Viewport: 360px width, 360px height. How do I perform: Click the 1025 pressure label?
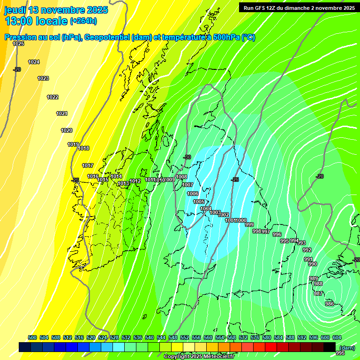[18, 44]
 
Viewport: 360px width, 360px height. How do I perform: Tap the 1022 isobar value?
[52, 97]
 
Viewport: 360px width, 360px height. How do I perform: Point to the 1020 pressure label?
[67, 130]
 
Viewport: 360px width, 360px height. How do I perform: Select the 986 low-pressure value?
[329, 304]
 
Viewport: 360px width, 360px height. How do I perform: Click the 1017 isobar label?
[88, 165]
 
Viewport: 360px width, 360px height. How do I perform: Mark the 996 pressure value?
[277, 234]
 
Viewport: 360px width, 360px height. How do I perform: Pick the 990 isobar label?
[313, 264]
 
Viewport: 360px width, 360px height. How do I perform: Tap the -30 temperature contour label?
[187, 157]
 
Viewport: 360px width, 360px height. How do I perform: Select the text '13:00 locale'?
[36, 21]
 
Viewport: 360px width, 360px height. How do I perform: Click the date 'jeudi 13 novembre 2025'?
[56, 10]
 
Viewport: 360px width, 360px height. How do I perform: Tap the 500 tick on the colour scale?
[32, 337]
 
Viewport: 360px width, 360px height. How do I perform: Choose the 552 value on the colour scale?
[185, 337]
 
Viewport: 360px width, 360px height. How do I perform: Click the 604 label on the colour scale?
[337, 337]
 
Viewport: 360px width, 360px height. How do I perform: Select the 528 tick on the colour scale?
[114, 337]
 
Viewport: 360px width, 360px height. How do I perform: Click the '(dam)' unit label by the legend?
[346, 347]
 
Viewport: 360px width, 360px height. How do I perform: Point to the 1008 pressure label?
[182, 177]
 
